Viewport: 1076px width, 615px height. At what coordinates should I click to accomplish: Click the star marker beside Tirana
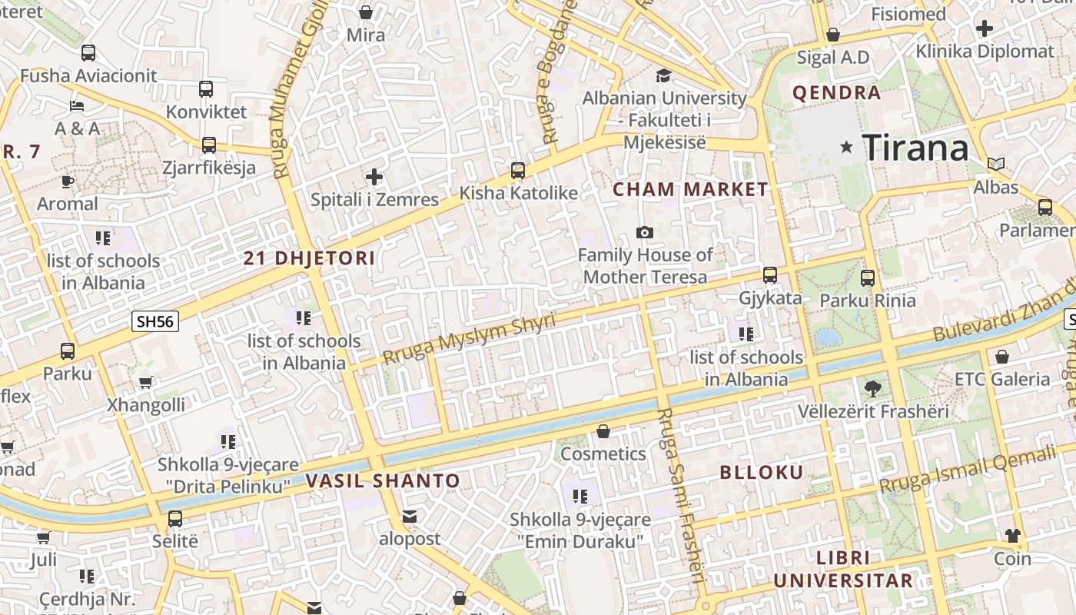[x=847, y=147]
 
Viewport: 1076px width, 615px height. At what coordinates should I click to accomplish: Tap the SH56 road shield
[x=155, y=321]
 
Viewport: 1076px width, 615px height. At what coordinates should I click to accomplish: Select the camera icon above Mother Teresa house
[x=645, y=232]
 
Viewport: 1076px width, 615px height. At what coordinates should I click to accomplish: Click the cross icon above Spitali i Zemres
[x=374, y=178]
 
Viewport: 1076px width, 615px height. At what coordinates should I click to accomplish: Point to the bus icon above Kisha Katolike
[x=518, y=171]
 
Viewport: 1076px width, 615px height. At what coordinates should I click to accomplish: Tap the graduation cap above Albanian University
[x=663, y=75]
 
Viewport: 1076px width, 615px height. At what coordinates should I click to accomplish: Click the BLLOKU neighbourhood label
[x=761, y=472]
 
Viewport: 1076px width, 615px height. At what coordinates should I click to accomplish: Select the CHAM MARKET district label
[x=690, y=189]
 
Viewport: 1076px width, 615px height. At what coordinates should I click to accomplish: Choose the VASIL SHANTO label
[x=383, y=481]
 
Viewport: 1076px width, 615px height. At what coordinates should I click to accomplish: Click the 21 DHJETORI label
[x=309, y=258]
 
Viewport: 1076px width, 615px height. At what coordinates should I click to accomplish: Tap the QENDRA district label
[x=836, y=93]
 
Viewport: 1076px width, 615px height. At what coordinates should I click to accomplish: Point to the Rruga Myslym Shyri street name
[x=468, y=339]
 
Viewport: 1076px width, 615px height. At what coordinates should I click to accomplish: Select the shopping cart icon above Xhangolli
[x=146, y=382]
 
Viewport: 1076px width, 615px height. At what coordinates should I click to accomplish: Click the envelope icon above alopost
[x=410, y=517]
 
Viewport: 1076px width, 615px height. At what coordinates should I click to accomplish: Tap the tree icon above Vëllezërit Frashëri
[x=872, y=388]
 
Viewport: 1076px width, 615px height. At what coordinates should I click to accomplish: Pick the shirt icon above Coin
[x=1012, y=536]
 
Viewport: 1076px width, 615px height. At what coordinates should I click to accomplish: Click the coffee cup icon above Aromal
[x=68, y=181]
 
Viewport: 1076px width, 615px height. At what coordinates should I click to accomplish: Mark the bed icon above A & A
[x=77, y=105]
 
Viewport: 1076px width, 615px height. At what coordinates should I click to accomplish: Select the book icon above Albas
[x=995, y=164]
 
